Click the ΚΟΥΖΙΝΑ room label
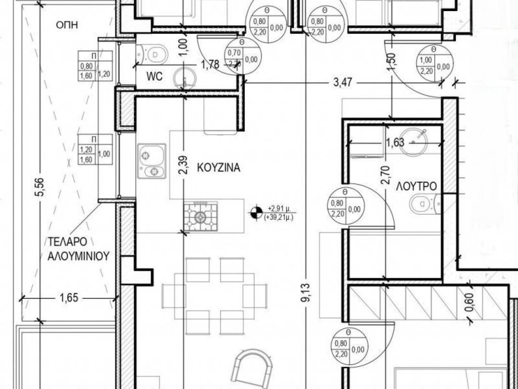[219, 168]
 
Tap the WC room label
[155, 76]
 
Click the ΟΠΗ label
[67, 25]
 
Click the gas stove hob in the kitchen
[200, 217]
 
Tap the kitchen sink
[152, 161]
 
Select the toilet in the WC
[152, 54]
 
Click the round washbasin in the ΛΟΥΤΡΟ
[413, 142]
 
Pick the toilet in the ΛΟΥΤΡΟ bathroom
[425, 204]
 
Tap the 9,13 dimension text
[306, 292]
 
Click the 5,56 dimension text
[39, 187]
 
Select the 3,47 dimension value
[342, 83]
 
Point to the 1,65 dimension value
[69, 298]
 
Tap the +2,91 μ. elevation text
[279, 209]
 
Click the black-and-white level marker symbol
[256, 213]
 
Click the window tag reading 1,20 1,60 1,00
[95, 149]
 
